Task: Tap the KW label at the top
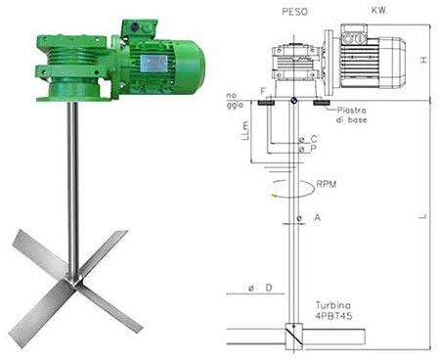[x=375, y=11]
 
